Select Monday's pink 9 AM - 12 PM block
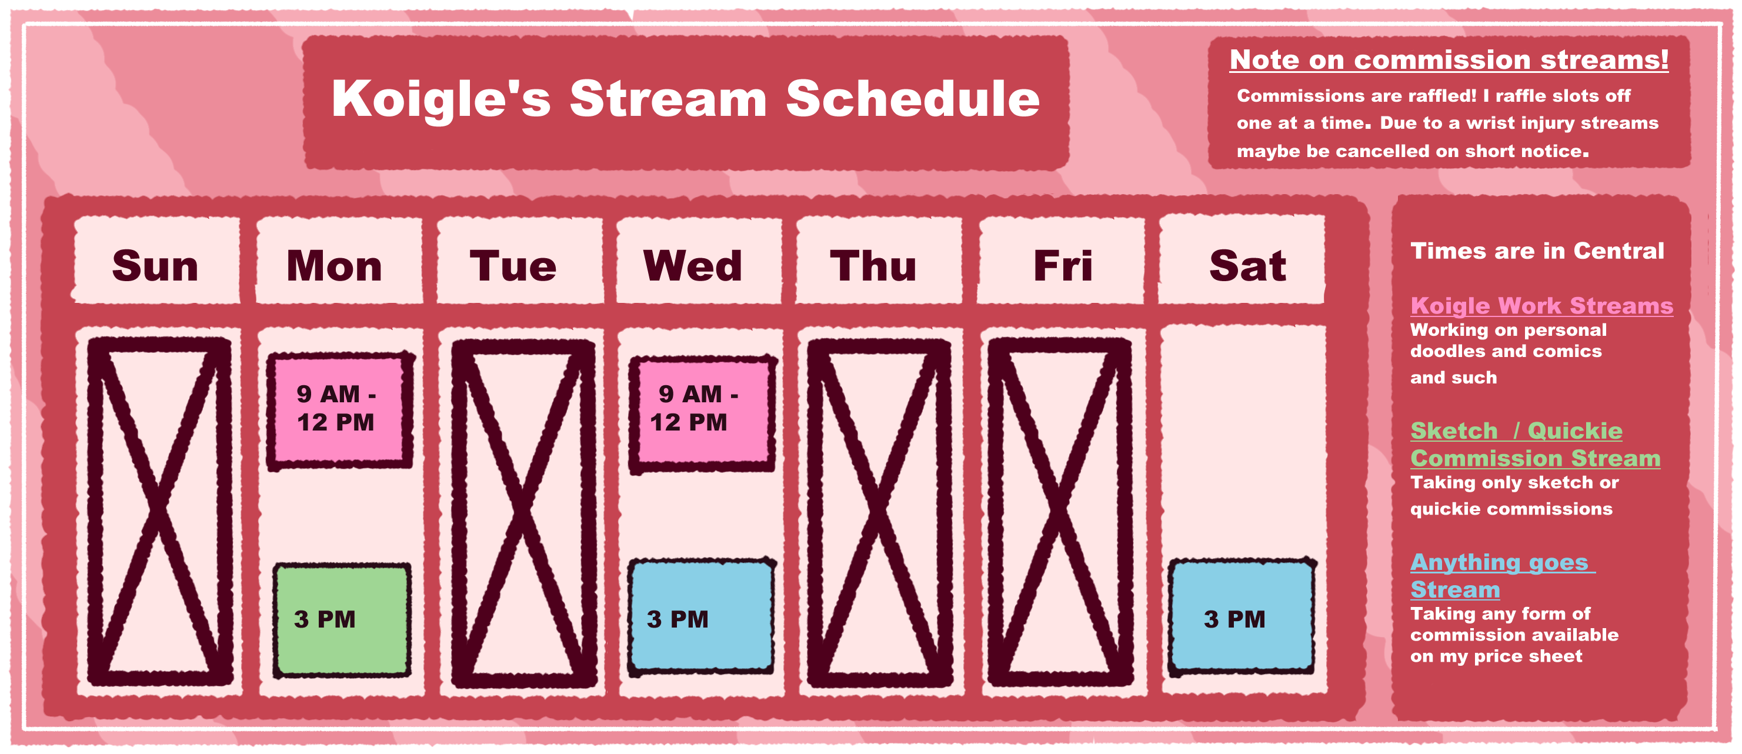[340, 410]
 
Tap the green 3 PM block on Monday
[342, 619]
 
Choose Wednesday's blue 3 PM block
[701, 616]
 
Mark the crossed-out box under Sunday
[159, 511]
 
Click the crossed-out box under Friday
[1060, 512]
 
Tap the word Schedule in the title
[913, 99]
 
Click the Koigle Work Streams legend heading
[1541, 306]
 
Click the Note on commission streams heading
[1449, 59]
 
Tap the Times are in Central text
[1536, 251]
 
